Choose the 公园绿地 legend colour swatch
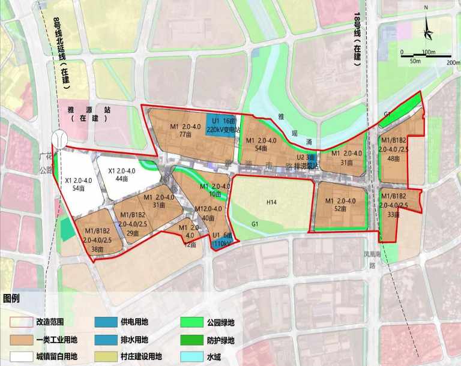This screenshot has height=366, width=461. [x=191, y=323]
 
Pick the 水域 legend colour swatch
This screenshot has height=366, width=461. [x=191, y=356]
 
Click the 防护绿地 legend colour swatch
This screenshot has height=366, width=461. [x=191, y=340]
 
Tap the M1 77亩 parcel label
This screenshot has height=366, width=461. [x=184, y=131]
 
